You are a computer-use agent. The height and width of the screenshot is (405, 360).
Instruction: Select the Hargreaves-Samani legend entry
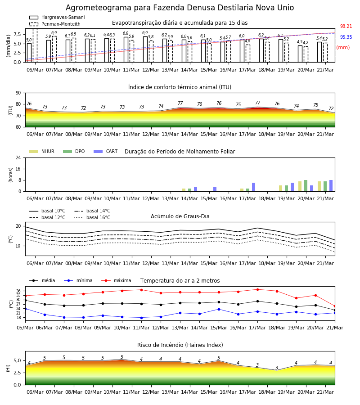coord(57,17)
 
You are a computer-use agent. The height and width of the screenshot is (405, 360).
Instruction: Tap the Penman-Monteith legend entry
coord(55,24)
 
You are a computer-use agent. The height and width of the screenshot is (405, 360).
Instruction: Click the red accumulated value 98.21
coord(346,27)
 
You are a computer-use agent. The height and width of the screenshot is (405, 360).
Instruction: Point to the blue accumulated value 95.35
coord(346,37)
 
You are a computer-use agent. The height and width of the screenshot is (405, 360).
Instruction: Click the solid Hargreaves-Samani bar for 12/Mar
coord(145,49)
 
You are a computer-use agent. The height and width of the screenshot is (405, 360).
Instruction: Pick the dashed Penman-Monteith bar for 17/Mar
coord(248,54)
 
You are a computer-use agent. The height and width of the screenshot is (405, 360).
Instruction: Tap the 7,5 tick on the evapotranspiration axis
coord(17,34)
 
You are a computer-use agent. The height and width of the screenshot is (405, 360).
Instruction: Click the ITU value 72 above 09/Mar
coord(83,108)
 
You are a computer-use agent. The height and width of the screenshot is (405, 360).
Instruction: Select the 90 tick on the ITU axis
coord(18,93)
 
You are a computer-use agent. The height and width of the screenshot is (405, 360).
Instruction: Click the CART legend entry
coord(106,151)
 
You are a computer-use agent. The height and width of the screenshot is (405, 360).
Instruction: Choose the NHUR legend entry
coord(42,151)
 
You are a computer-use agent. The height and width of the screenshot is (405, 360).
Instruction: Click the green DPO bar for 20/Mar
coord(306,186)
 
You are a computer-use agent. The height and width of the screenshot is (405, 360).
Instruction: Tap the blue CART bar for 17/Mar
coord(254,187)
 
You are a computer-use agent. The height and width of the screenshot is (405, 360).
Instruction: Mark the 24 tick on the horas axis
coord(18,157)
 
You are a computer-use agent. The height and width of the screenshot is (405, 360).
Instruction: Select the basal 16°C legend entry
coord(92,217)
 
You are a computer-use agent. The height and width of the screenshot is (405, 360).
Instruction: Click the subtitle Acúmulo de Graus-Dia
coord(180,216)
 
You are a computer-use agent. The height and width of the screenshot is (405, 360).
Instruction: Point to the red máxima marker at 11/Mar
coord(141,290)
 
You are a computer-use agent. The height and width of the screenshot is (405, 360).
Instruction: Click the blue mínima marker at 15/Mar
coord(219,309)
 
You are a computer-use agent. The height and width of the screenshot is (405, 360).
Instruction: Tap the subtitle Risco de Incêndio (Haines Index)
coord(180,345)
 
